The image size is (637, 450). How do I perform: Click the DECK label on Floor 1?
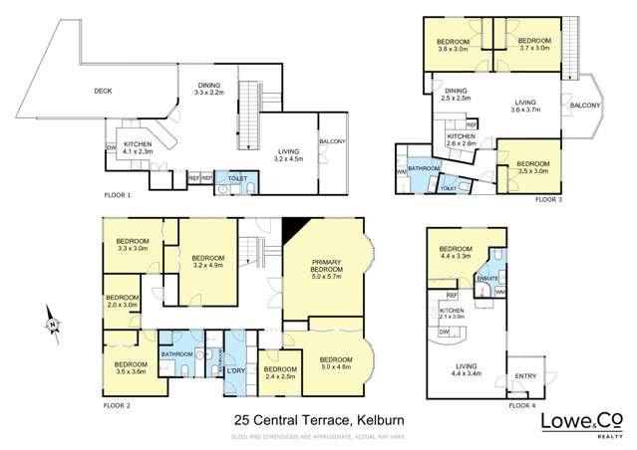tap(103, 91)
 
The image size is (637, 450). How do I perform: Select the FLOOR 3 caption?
tap(547, 200)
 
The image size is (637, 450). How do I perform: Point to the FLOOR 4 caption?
tap(520, 405)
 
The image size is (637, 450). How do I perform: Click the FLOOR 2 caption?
tap(117, 405)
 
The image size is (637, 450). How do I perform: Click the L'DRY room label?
tap(236, 371)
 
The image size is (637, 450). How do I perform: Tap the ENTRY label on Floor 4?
tap(524, 375)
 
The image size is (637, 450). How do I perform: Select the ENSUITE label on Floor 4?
tap(487, 280)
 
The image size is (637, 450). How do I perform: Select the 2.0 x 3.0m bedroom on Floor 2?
tap(123, 302)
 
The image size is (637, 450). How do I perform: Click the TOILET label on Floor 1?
tap(237, 178)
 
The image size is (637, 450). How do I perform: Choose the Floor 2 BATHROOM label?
tap(176, 353)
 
